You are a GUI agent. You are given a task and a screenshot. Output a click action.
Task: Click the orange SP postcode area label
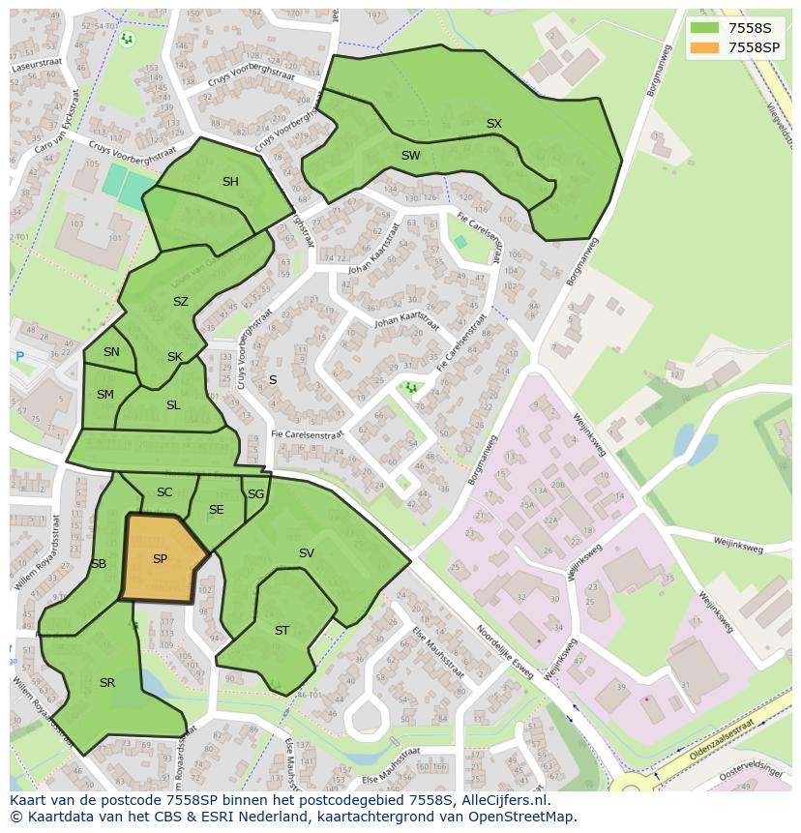pos(160,559)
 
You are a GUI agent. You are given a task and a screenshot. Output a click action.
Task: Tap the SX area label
pos(494,124)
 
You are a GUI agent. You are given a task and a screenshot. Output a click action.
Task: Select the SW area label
pos(411,156)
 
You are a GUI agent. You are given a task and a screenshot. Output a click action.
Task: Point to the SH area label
pos(230,182)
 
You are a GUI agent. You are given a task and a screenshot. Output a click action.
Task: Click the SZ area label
pos(181,302)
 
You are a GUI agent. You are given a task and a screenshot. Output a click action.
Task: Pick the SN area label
pos(111,352)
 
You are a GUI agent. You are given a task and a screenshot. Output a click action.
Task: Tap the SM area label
pos(105,395)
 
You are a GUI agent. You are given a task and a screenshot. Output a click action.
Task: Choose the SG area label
pos(255,494)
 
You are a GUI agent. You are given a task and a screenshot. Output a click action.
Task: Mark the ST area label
pos(282,631)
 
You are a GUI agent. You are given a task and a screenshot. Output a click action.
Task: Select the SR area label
pos(107,683)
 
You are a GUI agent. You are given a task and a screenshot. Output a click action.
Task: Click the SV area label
pos(307,553)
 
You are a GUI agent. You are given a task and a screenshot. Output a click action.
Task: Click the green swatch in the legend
pos(705,27)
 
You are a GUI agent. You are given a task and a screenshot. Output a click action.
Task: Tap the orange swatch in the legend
pos(705,46)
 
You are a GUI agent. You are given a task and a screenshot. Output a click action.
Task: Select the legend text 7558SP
pos(754,46)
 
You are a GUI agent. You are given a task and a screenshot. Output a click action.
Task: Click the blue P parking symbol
pos(19,357)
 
